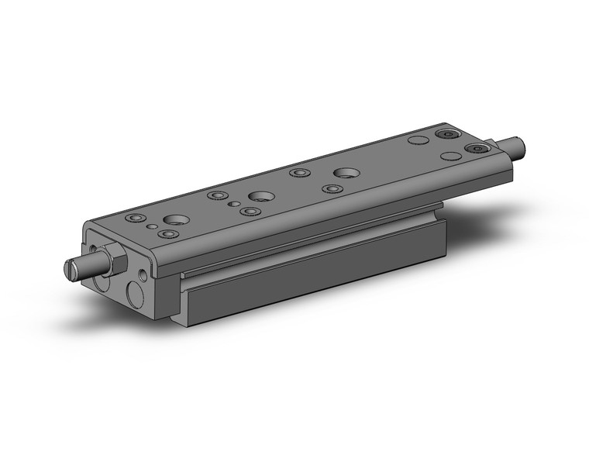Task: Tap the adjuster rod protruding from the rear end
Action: coord(513,143)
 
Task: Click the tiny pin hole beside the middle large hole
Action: coord(234,204)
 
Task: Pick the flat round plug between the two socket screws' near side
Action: coord(449,156)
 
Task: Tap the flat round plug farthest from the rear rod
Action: coord(417,141)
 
